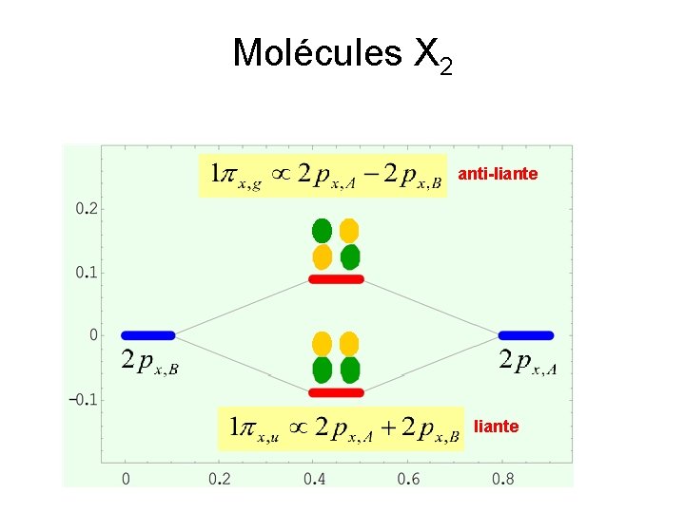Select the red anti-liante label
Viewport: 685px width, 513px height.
[498, 175]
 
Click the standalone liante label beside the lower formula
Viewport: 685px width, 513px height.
[497, 427]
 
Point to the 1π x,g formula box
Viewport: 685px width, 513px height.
[323, 175]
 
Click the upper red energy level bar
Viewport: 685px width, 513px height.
[336, 279]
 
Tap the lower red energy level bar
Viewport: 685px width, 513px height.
[336, 392]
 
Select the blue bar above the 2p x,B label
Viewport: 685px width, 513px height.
[148, 335]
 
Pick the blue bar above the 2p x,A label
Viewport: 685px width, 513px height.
[526, 335]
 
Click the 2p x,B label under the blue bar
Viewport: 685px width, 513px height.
[149, 361]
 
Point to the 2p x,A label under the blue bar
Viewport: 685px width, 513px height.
[526, 361]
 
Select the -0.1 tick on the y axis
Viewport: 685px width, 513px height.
[85, 399]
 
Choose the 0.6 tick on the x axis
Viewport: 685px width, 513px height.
[409, 478]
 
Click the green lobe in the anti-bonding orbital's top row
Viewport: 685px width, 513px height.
[322, 230]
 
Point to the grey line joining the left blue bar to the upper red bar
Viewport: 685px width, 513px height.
[243, 307]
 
